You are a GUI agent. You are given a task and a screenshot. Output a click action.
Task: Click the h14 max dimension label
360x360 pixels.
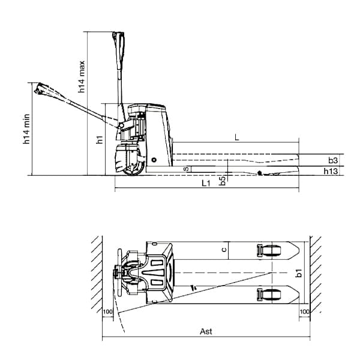tap(82, 77)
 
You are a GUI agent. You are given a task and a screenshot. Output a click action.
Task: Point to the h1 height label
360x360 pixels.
tap(100, 140)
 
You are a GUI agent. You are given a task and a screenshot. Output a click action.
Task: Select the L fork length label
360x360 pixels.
tap(236, 138)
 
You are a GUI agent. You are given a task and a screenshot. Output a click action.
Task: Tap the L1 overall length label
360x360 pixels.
tap(206, 182)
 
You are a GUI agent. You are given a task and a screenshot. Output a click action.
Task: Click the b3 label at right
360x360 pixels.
tap(334, 160)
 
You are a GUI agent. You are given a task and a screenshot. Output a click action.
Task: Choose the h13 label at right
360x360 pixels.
tap(332, 172)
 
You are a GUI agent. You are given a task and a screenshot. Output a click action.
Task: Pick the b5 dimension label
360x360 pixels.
tap(223, 180)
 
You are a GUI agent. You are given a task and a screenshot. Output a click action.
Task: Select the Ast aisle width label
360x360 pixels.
tap(206, 331)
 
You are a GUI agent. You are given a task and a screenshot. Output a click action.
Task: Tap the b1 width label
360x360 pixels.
tap(298, 273)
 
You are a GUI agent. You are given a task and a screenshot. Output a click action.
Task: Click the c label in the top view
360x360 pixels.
tap(223, 249)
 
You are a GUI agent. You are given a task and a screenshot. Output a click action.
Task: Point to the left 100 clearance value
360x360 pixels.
tap(108, 312)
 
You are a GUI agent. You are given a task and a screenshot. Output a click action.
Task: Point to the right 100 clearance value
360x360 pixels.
tap(304, 312)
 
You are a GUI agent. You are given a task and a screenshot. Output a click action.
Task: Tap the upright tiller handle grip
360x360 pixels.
tap(117, 46)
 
